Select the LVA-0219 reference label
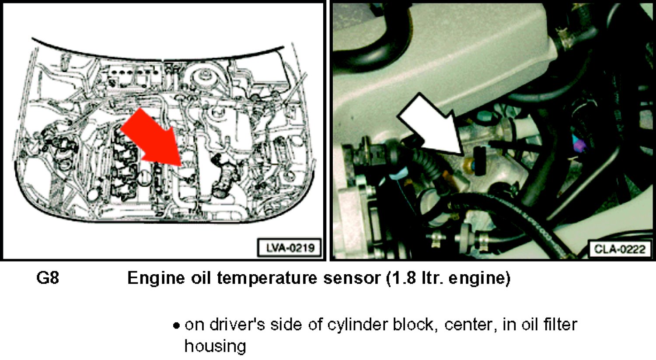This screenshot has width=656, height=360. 290,248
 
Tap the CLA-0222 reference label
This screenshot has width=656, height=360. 619,249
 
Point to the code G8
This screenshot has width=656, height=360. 48,278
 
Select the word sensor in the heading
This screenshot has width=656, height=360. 352,279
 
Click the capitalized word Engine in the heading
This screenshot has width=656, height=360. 156,279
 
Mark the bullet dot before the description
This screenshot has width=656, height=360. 176,326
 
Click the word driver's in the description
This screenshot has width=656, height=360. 236,325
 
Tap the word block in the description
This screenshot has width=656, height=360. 415,325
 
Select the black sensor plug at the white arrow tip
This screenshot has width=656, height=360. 480,161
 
